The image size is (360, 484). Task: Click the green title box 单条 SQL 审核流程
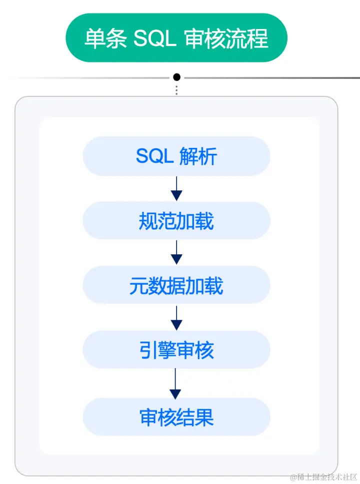[176, 38]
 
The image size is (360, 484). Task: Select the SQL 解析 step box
[176, 156]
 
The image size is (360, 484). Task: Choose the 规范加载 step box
[176, 221]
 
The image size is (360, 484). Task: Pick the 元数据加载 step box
[176, 285]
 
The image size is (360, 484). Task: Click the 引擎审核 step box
[176, 350]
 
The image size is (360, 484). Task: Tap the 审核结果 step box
[176, 417]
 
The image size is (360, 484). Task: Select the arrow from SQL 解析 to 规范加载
[176, 188]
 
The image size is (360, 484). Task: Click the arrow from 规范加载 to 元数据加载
[176, 253]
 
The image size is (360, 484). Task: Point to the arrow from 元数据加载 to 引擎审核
[176, 318]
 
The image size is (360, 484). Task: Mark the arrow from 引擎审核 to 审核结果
[175, 384]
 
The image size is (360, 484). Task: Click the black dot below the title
[176, 77]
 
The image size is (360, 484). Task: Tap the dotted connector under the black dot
[176, 90]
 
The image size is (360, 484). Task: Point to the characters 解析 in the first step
[198, 157]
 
